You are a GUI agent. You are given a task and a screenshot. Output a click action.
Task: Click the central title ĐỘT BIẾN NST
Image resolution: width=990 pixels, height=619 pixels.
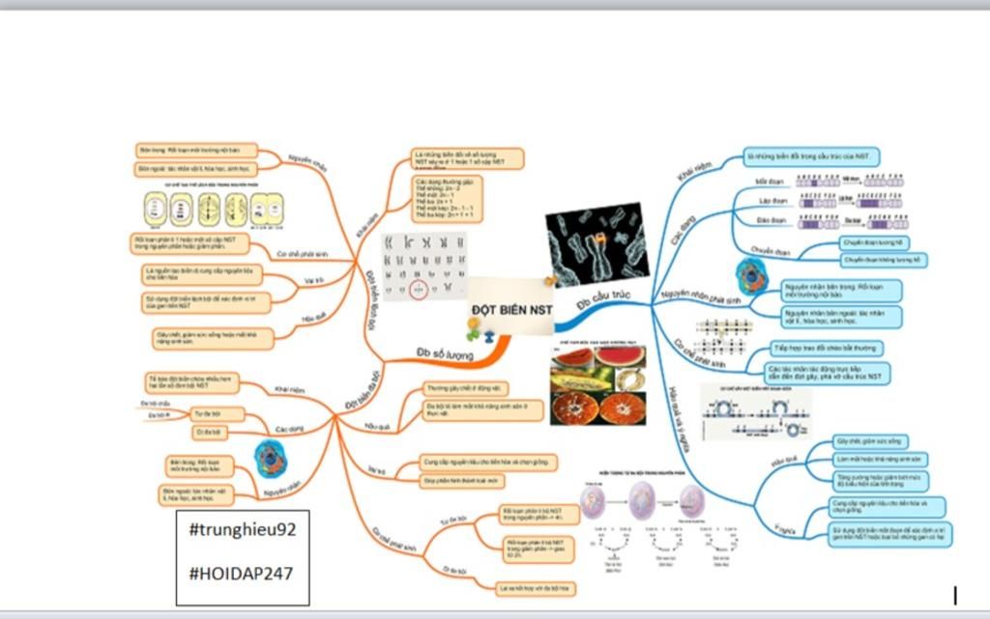(512, 309)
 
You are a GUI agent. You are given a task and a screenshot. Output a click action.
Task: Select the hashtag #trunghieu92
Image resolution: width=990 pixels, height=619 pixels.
(242, 531)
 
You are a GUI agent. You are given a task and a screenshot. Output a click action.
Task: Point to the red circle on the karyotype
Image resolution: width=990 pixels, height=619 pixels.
(419, 289)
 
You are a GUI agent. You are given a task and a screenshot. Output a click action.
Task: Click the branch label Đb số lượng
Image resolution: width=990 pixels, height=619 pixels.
(445, 354)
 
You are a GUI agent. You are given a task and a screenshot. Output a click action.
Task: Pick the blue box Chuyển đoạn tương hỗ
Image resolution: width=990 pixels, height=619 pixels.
(872, 243)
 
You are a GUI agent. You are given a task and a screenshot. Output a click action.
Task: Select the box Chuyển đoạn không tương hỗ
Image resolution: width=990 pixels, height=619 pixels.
(883, 260)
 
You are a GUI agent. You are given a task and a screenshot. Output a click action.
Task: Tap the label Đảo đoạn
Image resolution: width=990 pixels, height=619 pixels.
(770, 221)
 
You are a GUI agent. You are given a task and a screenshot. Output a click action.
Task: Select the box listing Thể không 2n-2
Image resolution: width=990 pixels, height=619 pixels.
(442, 199)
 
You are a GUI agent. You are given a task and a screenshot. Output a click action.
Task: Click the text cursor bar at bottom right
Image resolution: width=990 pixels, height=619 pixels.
(955, 594)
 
